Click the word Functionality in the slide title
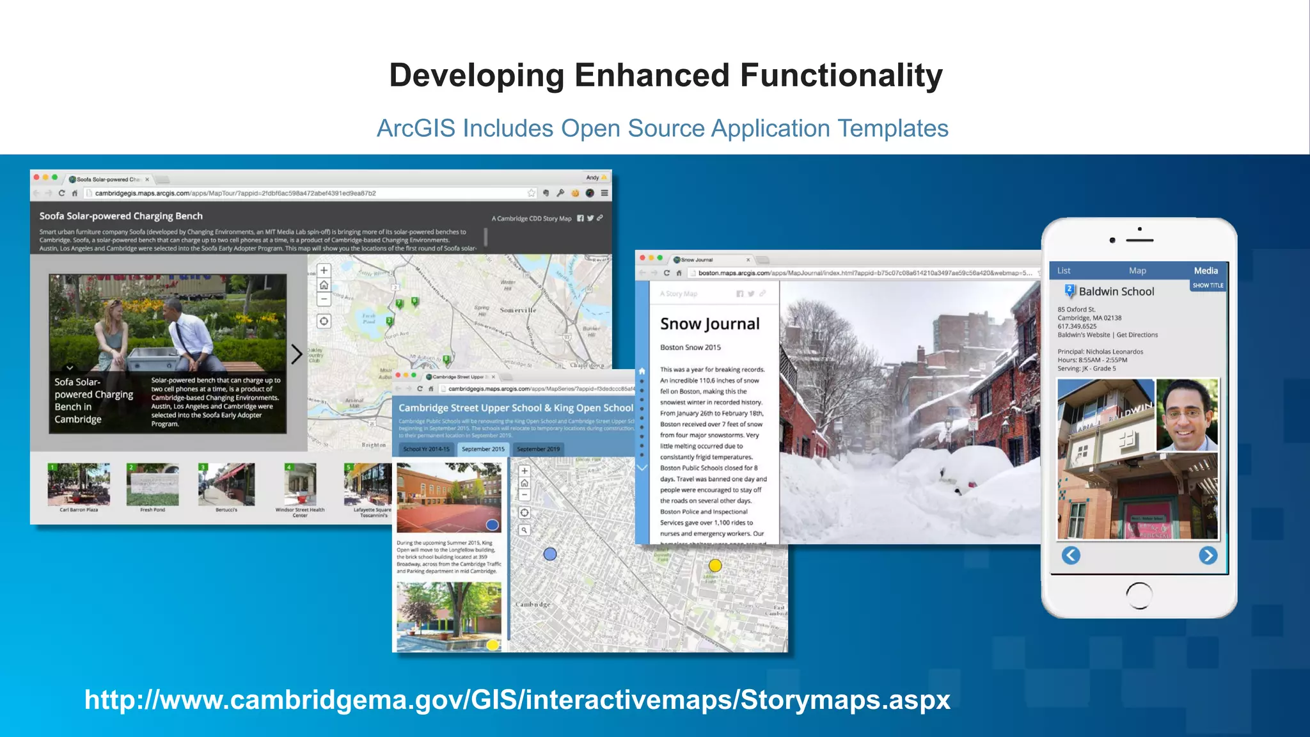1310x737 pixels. [841, 75]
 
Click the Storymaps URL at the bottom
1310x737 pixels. [517, 699]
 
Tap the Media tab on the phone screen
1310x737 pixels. [1206, 271]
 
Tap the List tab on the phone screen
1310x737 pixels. [1064, 271]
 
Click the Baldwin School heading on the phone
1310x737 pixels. [1116, 292]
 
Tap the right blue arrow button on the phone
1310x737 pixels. [1208, 555]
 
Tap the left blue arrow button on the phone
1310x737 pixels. [1071, 555]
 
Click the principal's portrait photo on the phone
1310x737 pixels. [1187, 415]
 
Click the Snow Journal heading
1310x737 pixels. [709, 324]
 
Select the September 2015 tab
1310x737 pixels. [483, 449]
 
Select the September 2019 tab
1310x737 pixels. [538, 449]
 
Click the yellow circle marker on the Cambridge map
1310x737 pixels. [715, 566]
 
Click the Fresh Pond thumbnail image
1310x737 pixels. [152, 485]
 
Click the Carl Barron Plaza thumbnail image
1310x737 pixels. [79, 485]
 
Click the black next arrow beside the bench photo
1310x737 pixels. [296, 354]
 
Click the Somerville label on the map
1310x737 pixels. [517, 310]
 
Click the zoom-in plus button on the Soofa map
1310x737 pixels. [324, 271]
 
